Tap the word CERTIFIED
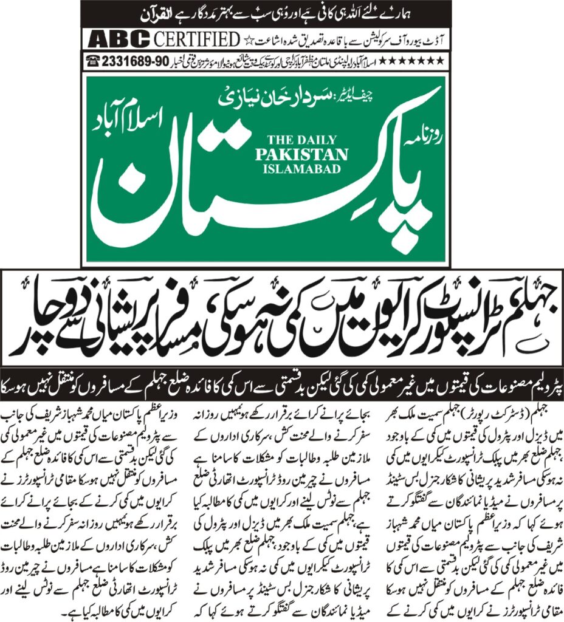click(x=196, y=39)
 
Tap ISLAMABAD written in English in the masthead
click(x=301, y=168)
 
